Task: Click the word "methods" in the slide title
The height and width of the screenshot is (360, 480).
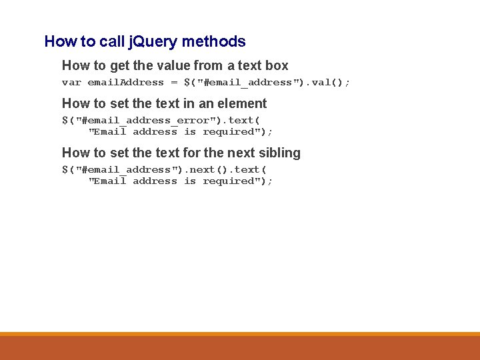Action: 213,41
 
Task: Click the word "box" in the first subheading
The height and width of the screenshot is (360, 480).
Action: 276,65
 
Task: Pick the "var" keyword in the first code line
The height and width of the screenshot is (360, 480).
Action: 71,83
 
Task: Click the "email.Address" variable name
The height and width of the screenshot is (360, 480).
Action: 126,83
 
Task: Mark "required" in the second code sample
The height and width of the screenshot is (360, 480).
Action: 229,132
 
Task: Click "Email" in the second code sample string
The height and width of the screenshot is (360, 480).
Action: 111,132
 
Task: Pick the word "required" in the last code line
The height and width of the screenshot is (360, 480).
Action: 229,181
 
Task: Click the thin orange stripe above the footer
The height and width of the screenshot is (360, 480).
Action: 240,334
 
